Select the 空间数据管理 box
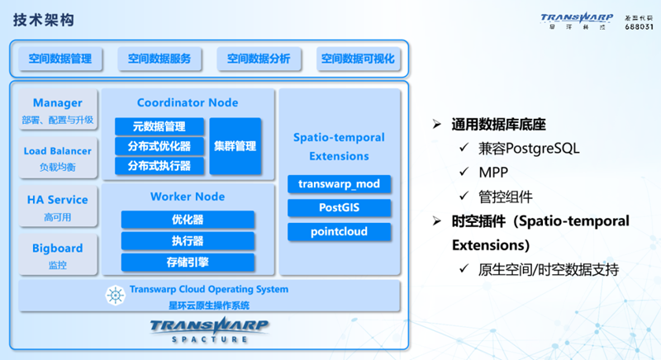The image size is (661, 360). click(x=60, y=59)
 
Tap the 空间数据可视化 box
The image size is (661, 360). click(x=358, y=59)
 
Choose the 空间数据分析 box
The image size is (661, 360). click(x=259, y=59)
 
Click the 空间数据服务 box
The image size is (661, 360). click(x=159, y=59)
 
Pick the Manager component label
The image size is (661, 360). click(x=58, y=103)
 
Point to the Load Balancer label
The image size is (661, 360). click(x=58, y=151)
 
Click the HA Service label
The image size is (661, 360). click(x=58, y=200)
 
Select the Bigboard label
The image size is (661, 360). click(x=58, y=248)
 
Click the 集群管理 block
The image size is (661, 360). click(x=235, y=146)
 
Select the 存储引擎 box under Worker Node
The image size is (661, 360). click(x=188, y=262)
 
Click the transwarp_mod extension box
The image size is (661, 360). click(x=339, y=184)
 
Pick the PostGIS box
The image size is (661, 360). click(x=339, y=208)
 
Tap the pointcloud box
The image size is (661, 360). click(x=339, y=232)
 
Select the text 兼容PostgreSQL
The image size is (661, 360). click(x=529, y=149)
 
